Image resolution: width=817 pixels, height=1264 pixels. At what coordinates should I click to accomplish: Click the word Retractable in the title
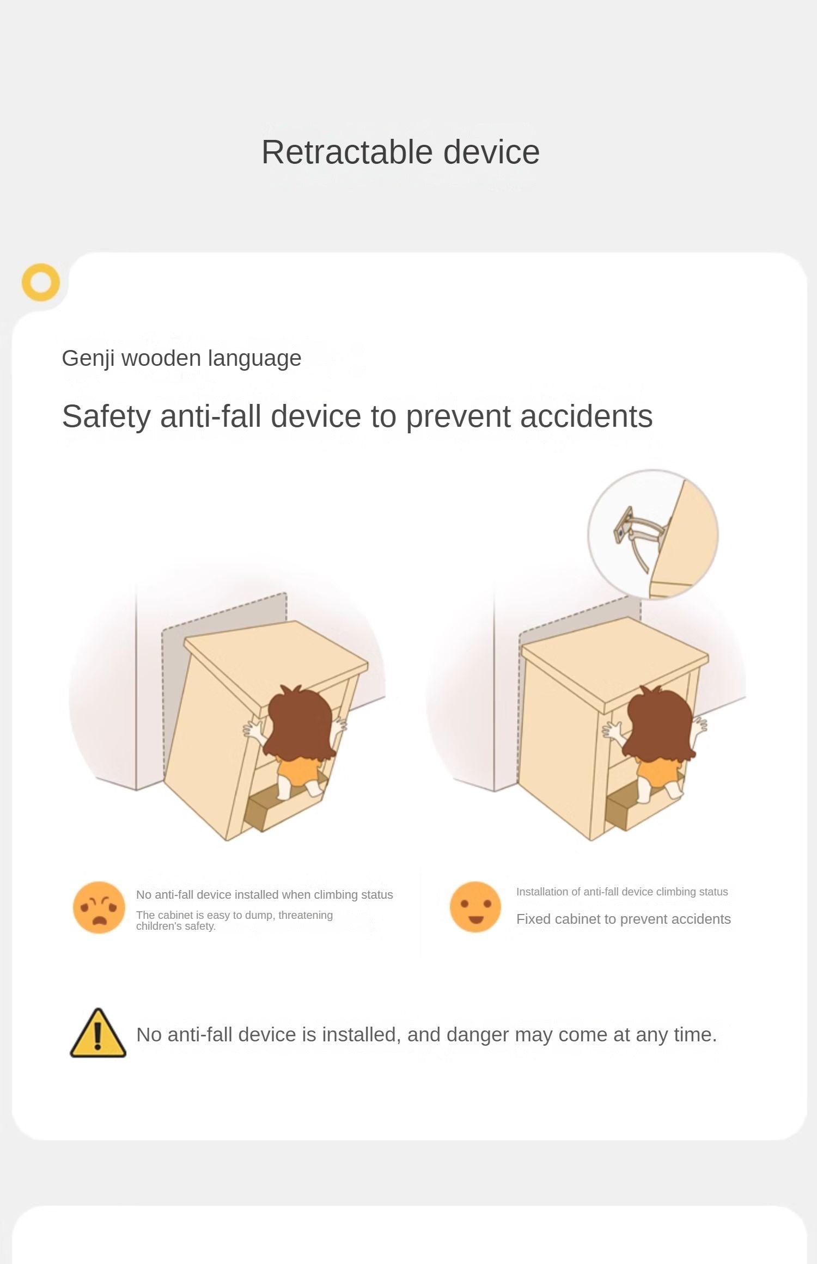347,152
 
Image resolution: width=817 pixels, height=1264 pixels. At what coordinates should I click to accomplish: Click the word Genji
88,359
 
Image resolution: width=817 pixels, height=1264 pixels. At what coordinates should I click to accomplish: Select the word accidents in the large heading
586,416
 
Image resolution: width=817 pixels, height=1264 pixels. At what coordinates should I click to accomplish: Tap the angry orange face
99,907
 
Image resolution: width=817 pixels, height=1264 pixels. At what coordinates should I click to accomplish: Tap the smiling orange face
475,907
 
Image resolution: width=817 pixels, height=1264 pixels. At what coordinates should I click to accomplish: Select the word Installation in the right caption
540,892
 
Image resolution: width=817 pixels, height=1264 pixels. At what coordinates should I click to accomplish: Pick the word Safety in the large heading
106,418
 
